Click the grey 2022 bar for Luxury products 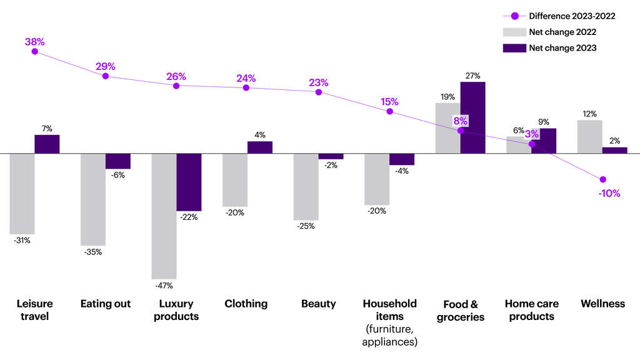[164, 216]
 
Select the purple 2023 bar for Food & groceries [472, 117]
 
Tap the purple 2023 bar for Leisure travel [47, 144]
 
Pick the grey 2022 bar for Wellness [589, 136]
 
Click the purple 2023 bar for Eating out [118, 161]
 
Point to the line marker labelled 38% [35, 51]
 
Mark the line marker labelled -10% [603, 179]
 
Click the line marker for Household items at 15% [389, 111]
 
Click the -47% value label [164, 286]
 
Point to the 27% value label [472, 76]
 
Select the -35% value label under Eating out [93, 252]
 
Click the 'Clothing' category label [246, 304]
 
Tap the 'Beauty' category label [318, 304]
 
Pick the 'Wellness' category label [602, 304]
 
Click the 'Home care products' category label [531, 310]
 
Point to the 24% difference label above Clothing [246, 79]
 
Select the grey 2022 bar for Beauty [306, 186]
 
